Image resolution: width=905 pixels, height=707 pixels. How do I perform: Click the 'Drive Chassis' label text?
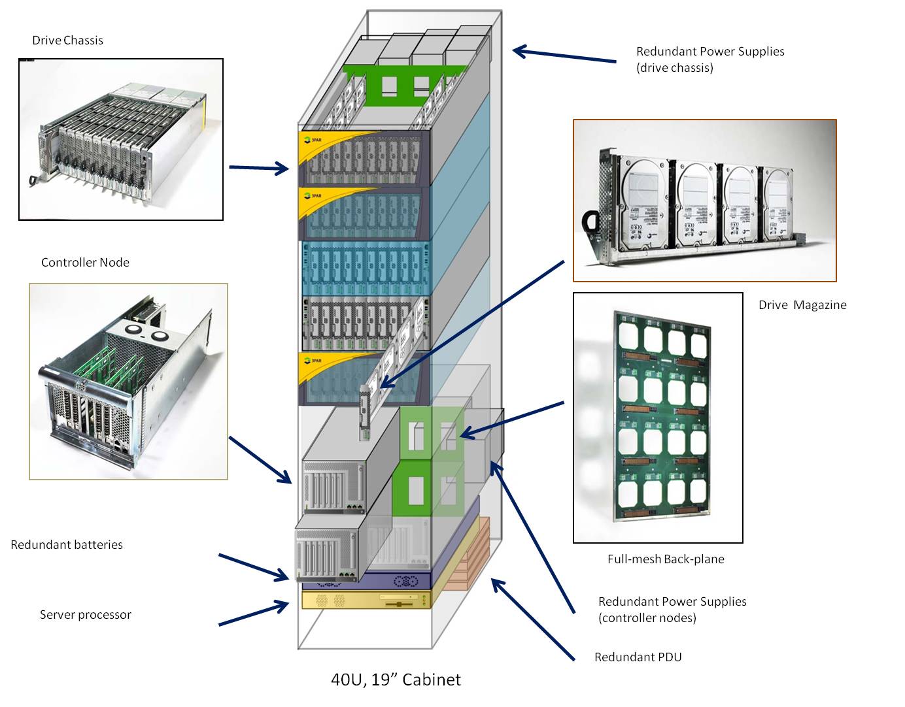[x=67, y=41]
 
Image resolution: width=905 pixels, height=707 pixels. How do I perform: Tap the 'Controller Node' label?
[x=85, y=263]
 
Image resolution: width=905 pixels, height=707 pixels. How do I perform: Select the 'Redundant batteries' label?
[x=67, y=545]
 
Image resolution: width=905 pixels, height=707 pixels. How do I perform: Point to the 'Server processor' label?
[x=85, y=615]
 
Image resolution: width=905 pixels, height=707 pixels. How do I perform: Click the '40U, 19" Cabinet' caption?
[x=396, y=680]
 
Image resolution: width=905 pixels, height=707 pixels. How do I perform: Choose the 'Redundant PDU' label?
[x=638, y=657]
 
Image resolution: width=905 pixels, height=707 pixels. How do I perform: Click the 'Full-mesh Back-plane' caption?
[x=666, y=559]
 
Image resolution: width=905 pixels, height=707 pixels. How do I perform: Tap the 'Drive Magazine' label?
[x=802, y=305]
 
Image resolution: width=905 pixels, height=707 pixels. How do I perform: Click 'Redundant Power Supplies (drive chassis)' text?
[x=709, y=59]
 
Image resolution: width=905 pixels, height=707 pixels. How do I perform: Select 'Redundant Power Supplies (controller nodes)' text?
[x=672, y=610]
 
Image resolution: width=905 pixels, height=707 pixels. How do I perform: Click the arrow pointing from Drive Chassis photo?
[x=258, y=169]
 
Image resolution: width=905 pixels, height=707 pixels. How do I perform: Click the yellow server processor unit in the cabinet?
[x=366, y=600]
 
